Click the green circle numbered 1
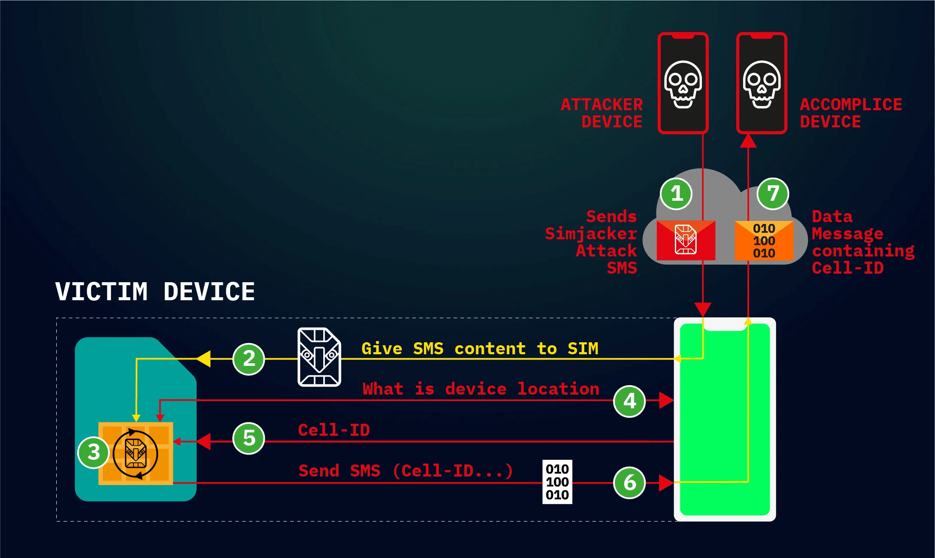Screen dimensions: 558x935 676,194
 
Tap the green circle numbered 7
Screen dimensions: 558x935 773,194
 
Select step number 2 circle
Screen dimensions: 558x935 249,359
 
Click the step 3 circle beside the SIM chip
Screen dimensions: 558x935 93,452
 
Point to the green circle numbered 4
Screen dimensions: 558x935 629,401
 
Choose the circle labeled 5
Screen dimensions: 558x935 249,438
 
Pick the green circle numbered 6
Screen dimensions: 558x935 629,483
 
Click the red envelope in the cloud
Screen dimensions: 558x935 686,240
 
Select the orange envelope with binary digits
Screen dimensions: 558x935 764,241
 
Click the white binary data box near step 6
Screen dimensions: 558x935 557,482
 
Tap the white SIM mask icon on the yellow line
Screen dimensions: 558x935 319,357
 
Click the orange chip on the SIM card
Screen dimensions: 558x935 136,454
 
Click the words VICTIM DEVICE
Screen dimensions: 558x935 155,292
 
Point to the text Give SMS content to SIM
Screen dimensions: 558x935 480,349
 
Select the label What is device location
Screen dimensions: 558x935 480,389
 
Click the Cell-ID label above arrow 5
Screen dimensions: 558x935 334,430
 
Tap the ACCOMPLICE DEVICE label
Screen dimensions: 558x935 850,113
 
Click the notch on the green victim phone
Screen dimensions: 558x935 725,326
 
